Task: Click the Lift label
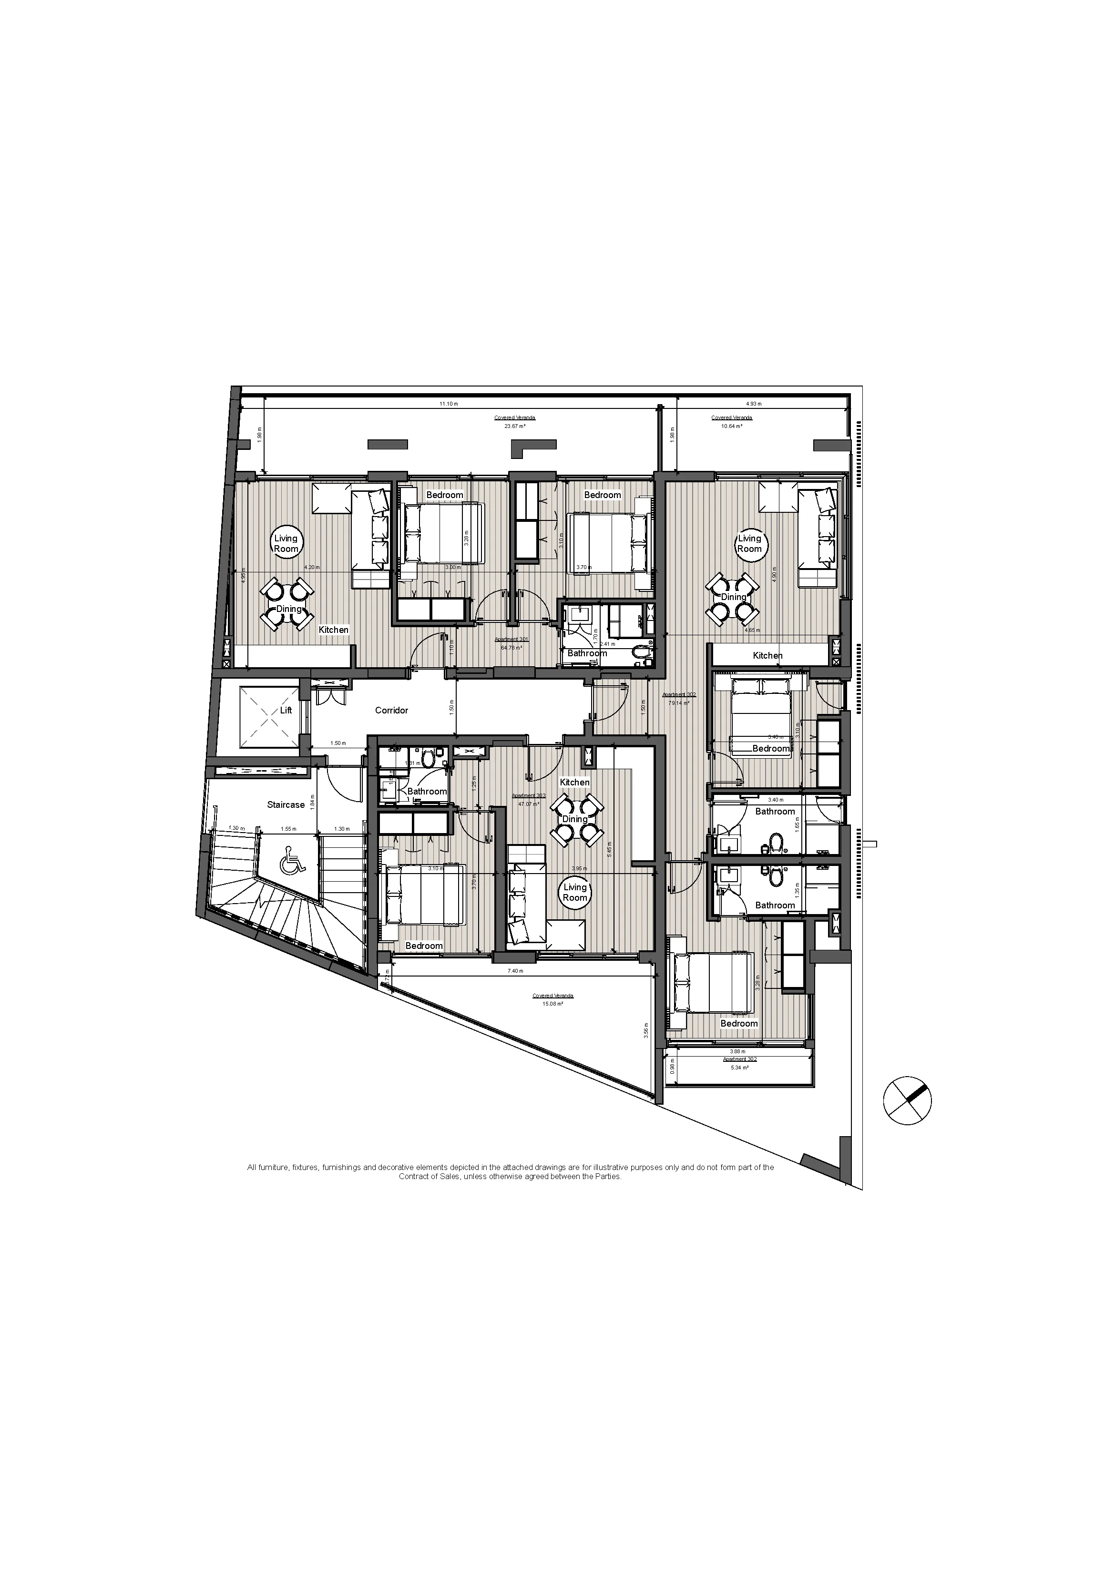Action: point(286,710)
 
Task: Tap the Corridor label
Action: point(391,710)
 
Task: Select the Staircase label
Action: point(286,804)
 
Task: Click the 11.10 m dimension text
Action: point(448,404)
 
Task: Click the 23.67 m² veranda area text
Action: point(515,426)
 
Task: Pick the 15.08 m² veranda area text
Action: point(552,1004)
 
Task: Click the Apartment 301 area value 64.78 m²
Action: point(512,648)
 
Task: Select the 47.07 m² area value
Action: point(529,804)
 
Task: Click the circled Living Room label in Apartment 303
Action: point(575,892)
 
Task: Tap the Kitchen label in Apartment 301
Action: point(334,630)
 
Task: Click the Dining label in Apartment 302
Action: point(733,597)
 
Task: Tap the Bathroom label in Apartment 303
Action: point(427,791)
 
